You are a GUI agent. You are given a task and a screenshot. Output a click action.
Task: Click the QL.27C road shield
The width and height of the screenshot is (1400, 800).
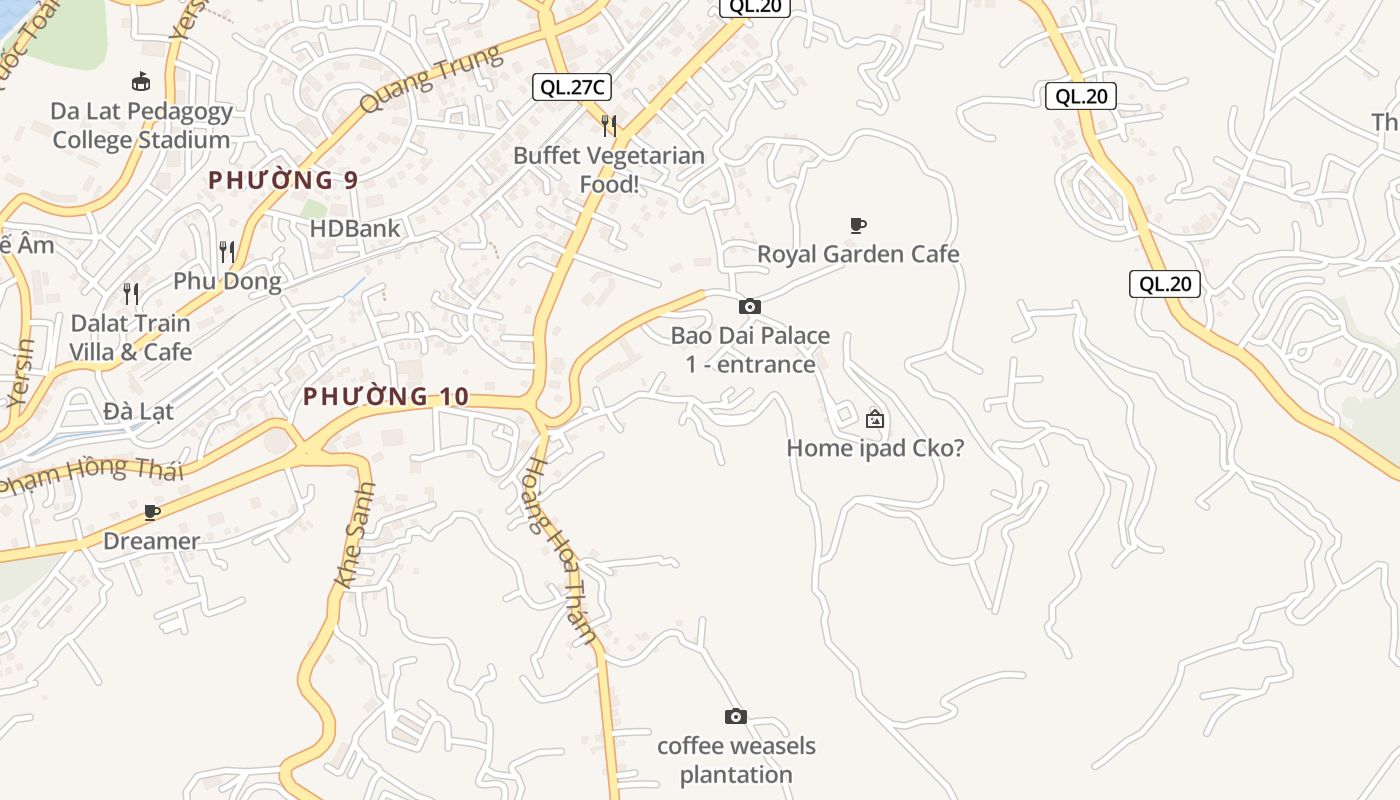tap(571, 87)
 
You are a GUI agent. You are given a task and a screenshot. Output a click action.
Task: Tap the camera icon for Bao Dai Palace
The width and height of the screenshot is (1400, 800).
tap(749, 306)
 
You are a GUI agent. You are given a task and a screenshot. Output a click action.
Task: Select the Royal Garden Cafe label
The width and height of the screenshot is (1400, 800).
tap(858, 254)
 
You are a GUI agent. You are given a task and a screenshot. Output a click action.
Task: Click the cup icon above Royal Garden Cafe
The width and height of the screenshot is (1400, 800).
tap(857, 225)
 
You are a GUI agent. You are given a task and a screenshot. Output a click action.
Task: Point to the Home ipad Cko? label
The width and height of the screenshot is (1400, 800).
tap(875, 448)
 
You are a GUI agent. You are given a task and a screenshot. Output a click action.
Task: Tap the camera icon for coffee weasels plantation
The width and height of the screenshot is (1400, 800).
tap(735, 716)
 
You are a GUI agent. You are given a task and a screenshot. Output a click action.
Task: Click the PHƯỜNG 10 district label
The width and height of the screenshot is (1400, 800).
tap(386, 396)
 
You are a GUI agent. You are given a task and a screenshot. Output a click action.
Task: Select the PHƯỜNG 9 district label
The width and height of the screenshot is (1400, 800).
tap(283, 180)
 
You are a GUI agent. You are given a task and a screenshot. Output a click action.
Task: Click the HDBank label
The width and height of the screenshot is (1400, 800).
tap(355, 228)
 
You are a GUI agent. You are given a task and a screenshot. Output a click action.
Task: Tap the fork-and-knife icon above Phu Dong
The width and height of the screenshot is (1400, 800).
tap(227, 251)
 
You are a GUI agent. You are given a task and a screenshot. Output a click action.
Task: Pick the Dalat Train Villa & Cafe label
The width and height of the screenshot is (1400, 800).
tap(130, 338)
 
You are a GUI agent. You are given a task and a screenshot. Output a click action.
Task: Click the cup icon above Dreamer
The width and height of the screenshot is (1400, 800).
tap(152, 512)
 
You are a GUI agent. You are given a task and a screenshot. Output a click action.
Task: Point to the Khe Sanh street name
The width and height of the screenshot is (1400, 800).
tap(355, 535)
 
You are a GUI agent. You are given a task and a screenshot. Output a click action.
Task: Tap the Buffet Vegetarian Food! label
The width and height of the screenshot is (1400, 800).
tap(609, 170)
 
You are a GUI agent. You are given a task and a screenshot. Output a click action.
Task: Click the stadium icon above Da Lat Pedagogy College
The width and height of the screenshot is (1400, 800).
tap(141, 82)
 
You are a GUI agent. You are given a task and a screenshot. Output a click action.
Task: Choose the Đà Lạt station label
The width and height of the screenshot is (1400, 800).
tap(138, 411)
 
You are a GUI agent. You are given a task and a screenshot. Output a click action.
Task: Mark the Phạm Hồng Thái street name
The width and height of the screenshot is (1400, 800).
tap(92, 473)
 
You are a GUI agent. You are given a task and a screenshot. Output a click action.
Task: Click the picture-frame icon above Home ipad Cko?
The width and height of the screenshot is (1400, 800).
tap(875, 419)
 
